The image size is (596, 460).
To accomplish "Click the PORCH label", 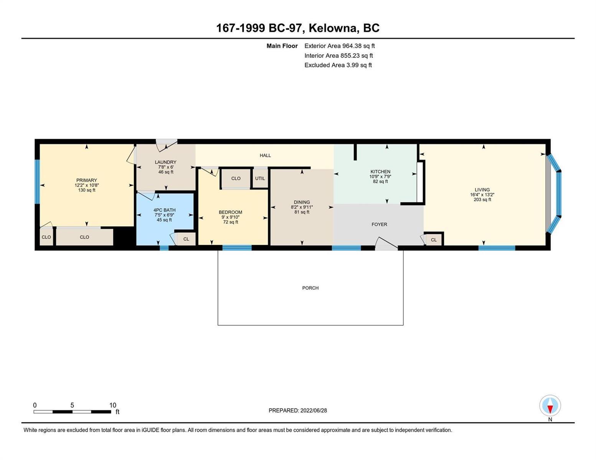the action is tap(310, 288).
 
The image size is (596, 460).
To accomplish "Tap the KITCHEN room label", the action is tap(380, 171).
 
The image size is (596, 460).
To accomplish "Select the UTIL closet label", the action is tap(260, 178).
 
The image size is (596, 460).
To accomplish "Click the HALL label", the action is tap(265, 155).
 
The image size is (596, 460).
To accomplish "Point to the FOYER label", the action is tap(379, 224).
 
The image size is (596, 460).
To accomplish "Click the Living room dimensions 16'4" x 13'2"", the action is tap(482, 195).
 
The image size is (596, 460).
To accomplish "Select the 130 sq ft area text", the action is tap(87, 190).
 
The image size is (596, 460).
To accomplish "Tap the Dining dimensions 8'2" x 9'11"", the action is tap(302, 207).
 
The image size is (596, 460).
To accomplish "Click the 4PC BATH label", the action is tap(164, 210).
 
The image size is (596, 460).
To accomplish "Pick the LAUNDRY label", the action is tap(165, 162).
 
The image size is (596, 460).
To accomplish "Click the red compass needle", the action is tap(550, 409).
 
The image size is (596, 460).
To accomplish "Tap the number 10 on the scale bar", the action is tap(113, 405).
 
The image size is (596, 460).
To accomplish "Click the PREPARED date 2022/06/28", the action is tap(314, 411).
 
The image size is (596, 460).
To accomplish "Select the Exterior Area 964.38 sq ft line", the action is tap(340, 46).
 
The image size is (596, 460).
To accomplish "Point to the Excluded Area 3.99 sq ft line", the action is tap(338, 65).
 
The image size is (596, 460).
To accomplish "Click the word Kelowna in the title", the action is tap(334, 28).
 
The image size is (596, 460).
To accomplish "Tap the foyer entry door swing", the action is tap(386, 243).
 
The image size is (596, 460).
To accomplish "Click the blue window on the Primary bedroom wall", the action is tap(37, 182).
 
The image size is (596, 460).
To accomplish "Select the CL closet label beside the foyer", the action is tap(434, 240).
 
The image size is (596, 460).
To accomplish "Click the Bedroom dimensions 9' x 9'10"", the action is tap(230, 217).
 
